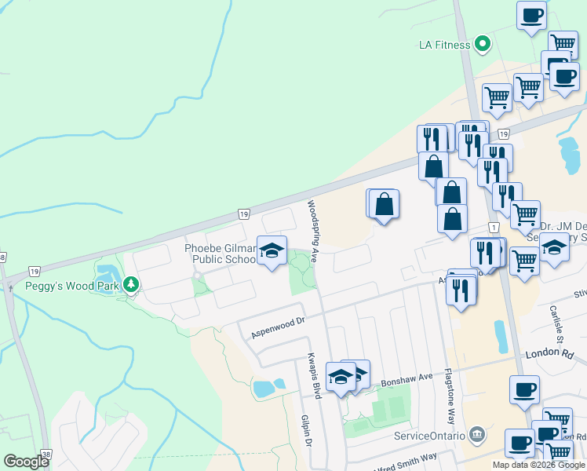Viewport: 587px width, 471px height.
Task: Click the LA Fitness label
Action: pos(444,45)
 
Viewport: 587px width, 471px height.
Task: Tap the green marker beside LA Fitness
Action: pos(483,44)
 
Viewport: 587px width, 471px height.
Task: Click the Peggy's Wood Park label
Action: pos(71,286)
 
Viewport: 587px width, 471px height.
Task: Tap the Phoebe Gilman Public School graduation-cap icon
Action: pos(272,250)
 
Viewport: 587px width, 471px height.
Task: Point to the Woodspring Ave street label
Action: pos(312,231)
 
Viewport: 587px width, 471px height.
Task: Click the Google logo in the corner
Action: pos(26,462)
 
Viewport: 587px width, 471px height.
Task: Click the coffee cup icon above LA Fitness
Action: pos(531,15)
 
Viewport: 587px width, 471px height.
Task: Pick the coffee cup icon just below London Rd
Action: pos(524,389)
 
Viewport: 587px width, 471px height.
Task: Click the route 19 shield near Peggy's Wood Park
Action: pos(244,214)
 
